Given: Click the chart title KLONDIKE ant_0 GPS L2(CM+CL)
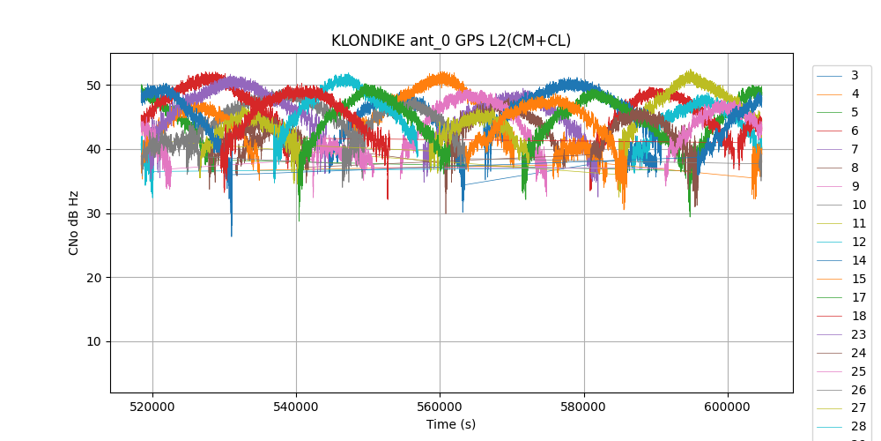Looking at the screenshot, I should (x=451, y=41).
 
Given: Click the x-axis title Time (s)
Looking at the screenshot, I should (x=451, y=424).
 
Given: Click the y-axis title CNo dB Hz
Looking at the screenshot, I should (x=74, y=222).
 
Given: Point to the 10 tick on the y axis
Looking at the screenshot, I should (x=93, y=341).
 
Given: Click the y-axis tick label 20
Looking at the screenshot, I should (x=93, y=278).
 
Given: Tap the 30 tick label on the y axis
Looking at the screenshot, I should (x=93, y=213).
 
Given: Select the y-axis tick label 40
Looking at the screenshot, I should (x=93, y=149).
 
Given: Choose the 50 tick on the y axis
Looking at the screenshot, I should (x=93, y=86).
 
